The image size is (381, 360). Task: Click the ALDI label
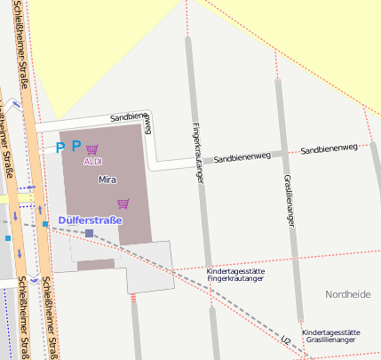[x=93, y=162]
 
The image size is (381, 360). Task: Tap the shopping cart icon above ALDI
[x=92, y=149]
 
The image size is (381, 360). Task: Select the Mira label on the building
[x=107, y=180]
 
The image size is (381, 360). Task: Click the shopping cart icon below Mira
[x=123, y=204]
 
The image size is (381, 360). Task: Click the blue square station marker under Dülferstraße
[x=89, y=233]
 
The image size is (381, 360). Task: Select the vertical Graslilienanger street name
[x=289, y=199]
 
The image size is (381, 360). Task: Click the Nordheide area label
[x=348, y=294]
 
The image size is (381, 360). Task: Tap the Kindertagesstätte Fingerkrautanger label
[x=235, y=275]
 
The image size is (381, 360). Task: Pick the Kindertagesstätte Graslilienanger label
[x=330, y=335]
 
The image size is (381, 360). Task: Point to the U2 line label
[x=285, y=340]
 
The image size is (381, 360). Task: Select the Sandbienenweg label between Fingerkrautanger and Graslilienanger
[x=242, y=156]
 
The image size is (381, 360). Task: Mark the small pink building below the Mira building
[x=96, y=264]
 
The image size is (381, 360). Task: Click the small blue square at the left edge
[x=7, y=238]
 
